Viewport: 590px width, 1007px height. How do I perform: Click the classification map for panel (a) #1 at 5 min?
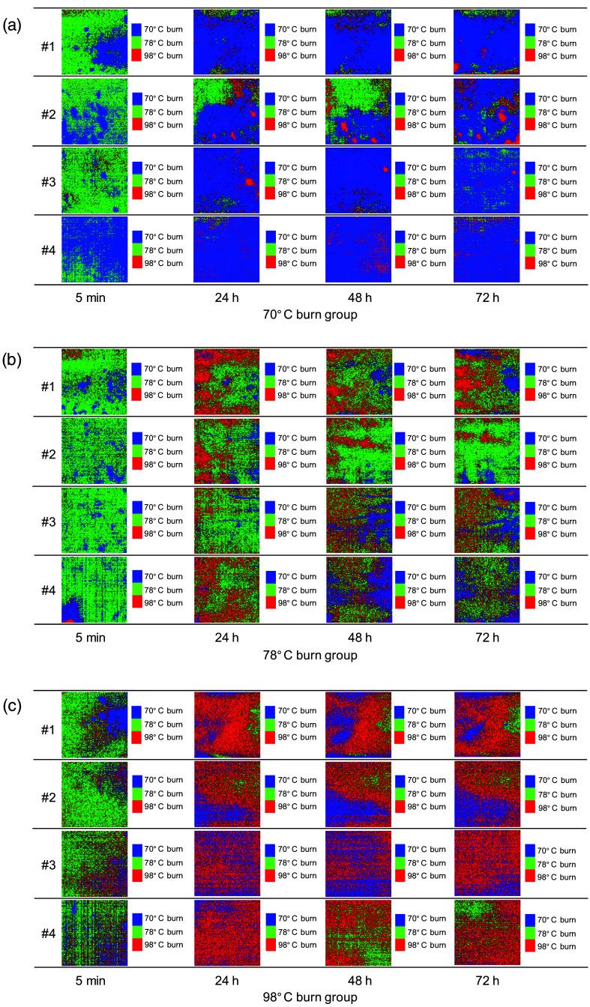coord(94,42)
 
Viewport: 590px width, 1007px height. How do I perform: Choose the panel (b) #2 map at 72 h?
coord(487,452)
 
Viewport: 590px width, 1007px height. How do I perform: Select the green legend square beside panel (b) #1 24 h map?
coord(270,383)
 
